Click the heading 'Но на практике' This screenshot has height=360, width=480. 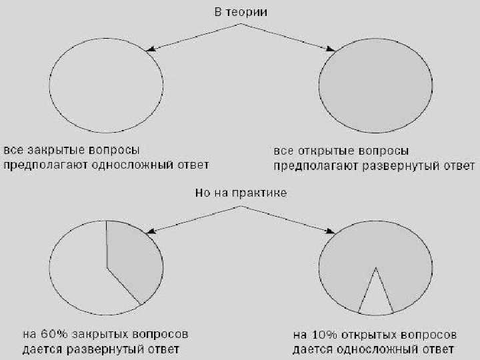[240, 193]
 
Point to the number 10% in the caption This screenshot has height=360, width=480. [321, 334]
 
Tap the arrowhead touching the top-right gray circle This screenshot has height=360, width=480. [329, 49]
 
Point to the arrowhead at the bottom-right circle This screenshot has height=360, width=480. [330, 231]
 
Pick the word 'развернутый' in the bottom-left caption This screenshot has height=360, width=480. [107, 349]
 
